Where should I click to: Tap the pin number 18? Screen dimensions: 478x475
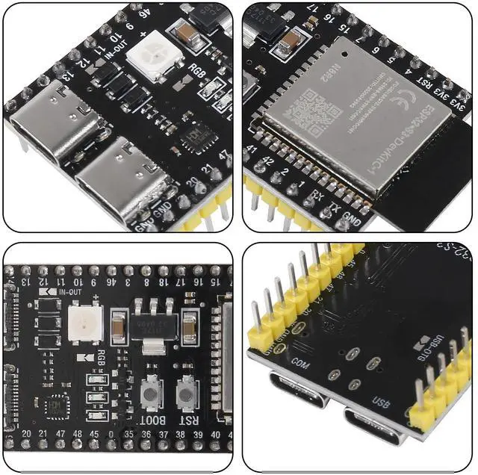pyautogui.click(x=164, y=282)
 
